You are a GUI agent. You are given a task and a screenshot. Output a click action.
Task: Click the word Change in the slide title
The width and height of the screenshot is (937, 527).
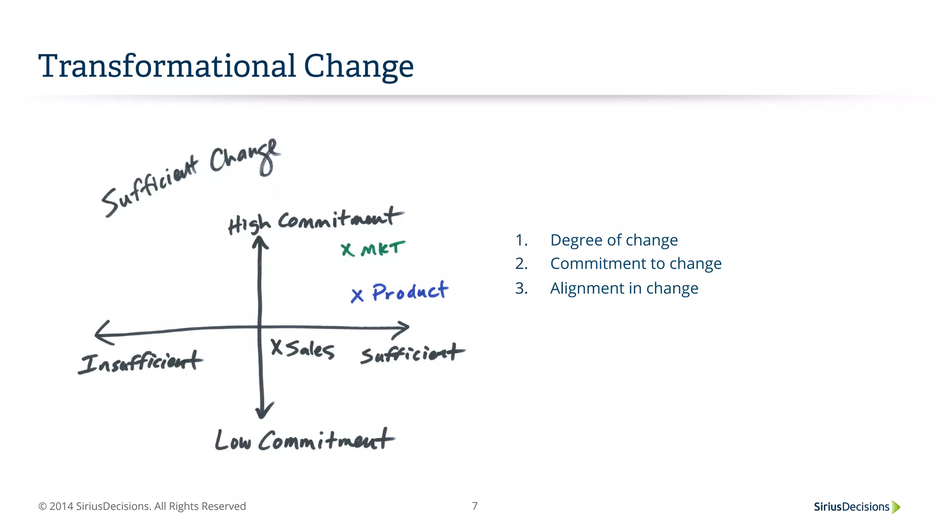(x=359, y=67)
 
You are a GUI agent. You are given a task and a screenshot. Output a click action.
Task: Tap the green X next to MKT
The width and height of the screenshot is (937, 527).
(x=348, y=250)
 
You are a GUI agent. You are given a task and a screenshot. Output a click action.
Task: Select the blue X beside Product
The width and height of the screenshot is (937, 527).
(x=357, y=296)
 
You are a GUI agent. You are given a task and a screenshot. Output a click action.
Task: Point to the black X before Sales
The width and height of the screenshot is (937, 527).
(x=277, y=347)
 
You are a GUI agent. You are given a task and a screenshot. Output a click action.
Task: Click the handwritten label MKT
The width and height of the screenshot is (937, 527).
(x=383, y=249)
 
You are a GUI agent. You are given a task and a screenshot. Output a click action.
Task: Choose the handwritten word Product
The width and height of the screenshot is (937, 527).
(x=410, y=291)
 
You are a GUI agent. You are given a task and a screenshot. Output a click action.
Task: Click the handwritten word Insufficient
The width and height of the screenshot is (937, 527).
(x=140, y=362)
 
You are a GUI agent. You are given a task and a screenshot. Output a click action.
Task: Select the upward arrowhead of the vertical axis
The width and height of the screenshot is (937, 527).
(x=260, y=241)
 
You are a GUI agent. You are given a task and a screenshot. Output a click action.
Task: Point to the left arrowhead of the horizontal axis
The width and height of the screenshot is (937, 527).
(x=102, y=333)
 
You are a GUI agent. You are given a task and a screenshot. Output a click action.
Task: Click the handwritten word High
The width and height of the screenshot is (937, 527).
(x=249, y=225)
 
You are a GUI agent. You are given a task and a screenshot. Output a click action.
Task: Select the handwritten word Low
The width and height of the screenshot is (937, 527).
(x=233, y=441)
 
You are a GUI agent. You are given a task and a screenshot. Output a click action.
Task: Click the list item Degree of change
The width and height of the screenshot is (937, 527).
(x=614, y=240)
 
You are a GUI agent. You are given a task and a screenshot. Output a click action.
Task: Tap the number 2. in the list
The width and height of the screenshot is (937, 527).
(x=521, y=264)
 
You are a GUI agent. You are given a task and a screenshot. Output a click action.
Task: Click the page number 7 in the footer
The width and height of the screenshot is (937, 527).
(x=475, y=506)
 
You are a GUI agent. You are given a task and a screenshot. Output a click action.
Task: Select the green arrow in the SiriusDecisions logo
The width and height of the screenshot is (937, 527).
(x=896, y=507)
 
